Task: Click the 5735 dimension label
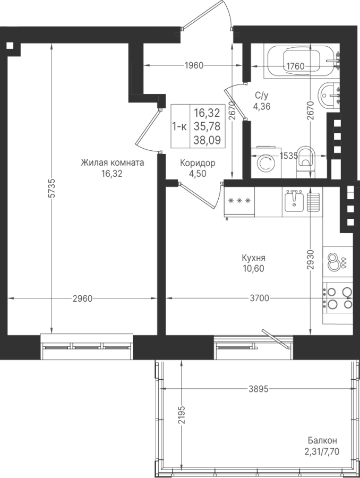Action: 52,188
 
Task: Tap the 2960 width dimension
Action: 82,298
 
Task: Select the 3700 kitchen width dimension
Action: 260,298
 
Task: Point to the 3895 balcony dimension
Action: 259,389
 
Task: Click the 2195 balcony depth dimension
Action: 182,415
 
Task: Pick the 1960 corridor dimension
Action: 193,65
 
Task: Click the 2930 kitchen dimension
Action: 310,260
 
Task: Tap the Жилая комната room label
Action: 112,163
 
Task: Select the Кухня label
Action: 253,258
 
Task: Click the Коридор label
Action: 198,163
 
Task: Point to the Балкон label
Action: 322,440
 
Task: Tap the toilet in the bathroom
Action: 305,161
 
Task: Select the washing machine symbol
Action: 266,163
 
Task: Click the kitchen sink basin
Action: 294,201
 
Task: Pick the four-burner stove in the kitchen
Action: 338,298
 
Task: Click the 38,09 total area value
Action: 207,140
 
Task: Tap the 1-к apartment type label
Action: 180,126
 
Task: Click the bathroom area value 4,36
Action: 262,106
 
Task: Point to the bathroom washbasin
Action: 329,95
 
